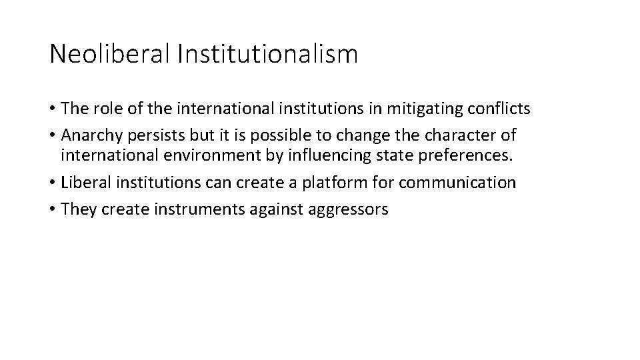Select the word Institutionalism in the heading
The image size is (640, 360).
pos(267,54)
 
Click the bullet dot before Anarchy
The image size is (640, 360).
pos(53,136)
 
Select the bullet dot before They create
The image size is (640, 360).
pos(53,209)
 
